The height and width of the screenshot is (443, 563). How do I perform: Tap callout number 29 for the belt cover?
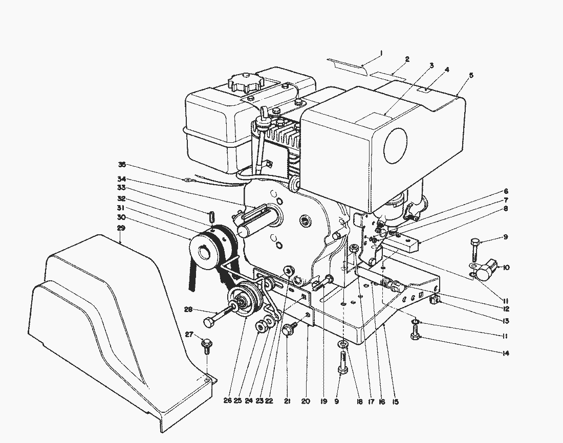(x=121, y=228)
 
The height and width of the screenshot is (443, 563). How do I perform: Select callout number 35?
(x=122, y=165)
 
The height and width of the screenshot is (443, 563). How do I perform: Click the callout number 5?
(x=471, y=75)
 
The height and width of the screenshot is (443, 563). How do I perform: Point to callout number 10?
(x=506, y=268)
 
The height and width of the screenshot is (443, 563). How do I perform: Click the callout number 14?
(x=506, y=353)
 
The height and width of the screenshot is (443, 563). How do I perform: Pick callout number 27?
(x=189, y=335)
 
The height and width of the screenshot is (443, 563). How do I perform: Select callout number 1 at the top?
(x=381, y=53)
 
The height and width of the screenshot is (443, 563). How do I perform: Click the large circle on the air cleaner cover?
(x=395, y=146)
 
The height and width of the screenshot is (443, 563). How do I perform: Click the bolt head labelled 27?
(x=206, y=343)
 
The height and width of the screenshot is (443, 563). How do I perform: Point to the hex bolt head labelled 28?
(x=209, y=322)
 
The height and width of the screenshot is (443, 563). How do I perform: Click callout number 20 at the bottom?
(x=306, y=402)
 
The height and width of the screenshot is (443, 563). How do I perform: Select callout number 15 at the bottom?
(x=395, y=402)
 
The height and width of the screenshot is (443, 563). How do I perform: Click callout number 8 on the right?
(x=506, y=209)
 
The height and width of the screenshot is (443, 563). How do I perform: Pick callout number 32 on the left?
(x=121, y=198)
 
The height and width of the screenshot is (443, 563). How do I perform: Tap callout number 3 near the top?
(x=431, y=65)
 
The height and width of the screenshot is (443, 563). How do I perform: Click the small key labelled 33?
(x=212, y=217)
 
